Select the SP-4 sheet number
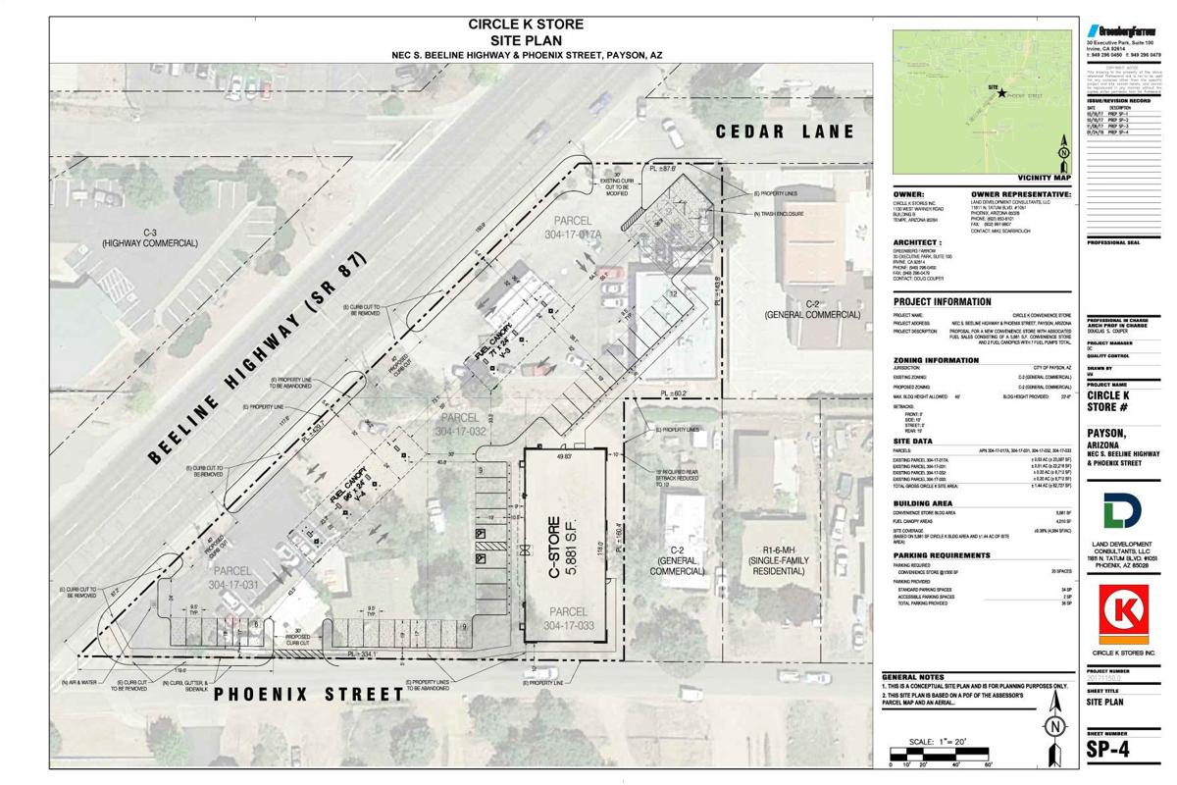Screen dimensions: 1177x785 point(1116,751)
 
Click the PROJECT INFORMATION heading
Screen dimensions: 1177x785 point(942,302)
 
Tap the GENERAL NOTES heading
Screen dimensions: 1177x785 point(912,678)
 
